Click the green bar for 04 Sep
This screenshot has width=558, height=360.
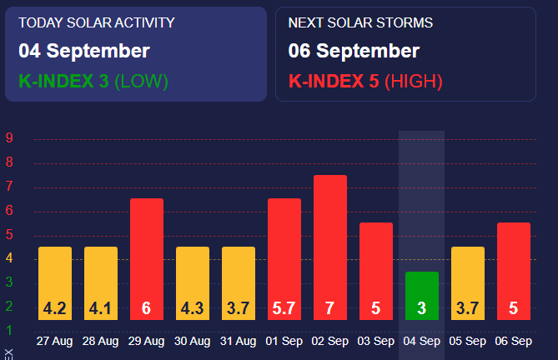(x=421, y=295)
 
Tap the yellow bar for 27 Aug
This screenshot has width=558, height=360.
(x=55, y=282)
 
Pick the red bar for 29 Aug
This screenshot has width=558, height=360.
(x=146, y=258)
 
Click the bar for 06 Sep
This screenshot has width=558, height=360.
(x=513, y=271)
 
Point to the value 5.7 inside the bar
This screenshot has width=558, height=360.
(x=284, y=308)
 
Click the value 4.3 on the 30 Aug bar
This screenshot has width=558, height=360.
(x=192, y=308)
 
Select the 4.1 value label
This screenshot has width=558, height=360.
(x=100, y=308)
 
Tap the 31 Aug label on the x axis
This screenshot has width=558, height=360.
(x=238, y=341)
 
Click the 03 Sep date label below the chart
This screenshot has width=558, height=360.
(x=375, y=341)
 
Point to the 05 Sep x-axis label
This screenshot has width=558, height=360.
(x=467, y=341)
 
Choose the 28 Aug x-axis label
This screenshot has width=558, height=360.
(x=100, y=341)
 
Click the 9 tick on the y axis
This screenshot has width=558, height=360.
(x=8, y=138)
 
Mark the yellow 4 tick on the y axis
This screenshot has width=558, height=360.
(x=8, y=259)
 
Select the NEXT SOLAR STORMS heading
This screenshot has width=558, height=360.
(x=360, y=23)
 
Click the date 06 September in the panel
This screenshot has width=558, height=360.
(x=354, y=51)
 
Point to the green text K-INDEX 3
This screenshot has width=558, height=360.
(x=63, y=81)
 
